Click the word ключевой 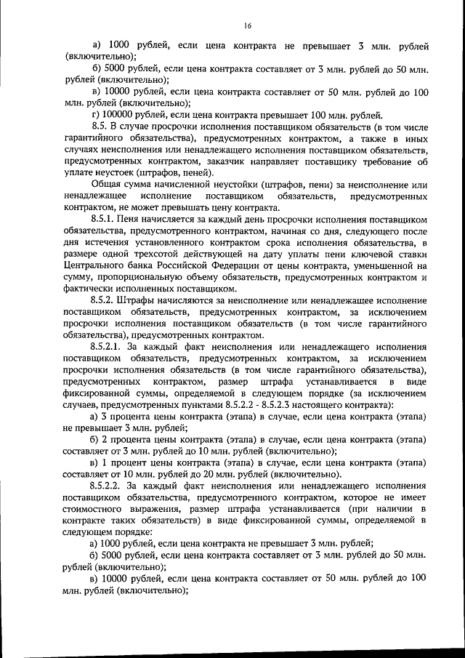pos(368,254)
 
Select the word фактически pos(89,289)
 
